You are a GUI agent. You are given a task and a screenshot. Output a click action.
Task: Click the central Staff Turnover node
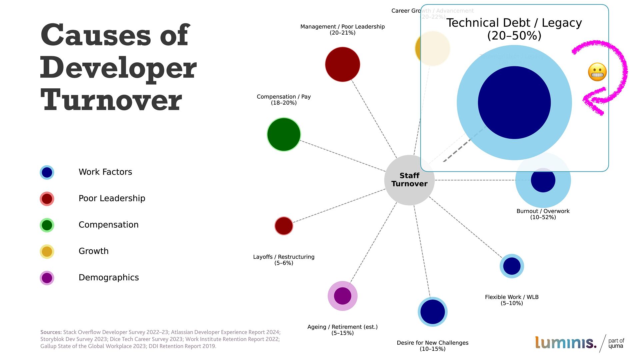coord(409,180)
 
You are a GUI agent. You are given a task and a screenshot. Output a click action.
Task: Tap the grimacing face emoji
coord(597,72)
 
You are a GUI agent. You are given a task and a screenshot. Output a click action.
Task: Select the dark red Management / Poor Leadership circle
coord(342,64)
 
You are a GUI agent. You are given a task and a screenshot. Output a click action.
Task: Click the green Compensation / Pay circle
coord(284,134)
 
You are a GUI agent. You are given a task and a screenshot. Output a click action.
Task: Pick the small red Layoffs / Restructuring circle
coord(284,226)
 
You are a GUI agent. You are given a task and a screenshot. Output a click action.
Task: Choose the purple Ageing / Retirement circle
coord(342,296)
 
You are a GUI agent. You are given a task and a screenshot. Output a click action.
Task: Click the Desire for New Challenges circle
coord(432,312)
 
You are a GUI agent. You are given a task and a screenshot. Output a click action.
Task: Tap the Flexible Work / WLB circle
coord(512,266)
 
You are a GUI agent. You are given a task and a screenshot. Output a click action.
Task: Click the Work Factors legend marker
coord(47,172)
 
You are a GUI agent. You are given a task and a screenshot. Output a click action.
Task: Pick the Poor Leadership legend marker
coord(47,199)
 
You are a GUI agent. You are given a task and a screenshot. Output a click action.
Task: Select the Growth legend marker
coord(47,251)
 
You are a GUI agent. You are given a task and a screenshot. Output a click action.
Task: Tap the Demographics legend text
coord(109,277)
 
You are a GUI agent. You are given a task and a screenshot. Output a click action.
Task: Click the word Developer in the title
coord(118,68)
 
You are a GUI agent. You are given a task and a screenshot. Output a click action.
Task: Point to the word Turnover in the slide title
coord(111,100)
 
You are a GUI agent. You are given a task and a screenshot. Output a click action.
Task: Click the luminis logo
coord(565,343)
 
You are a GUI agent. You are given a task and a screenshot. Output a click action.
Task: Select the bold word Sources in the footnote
coord(51,332)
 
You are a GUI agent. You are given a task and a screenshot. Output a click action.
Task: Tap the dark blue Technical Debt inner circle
coord(514,103)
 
